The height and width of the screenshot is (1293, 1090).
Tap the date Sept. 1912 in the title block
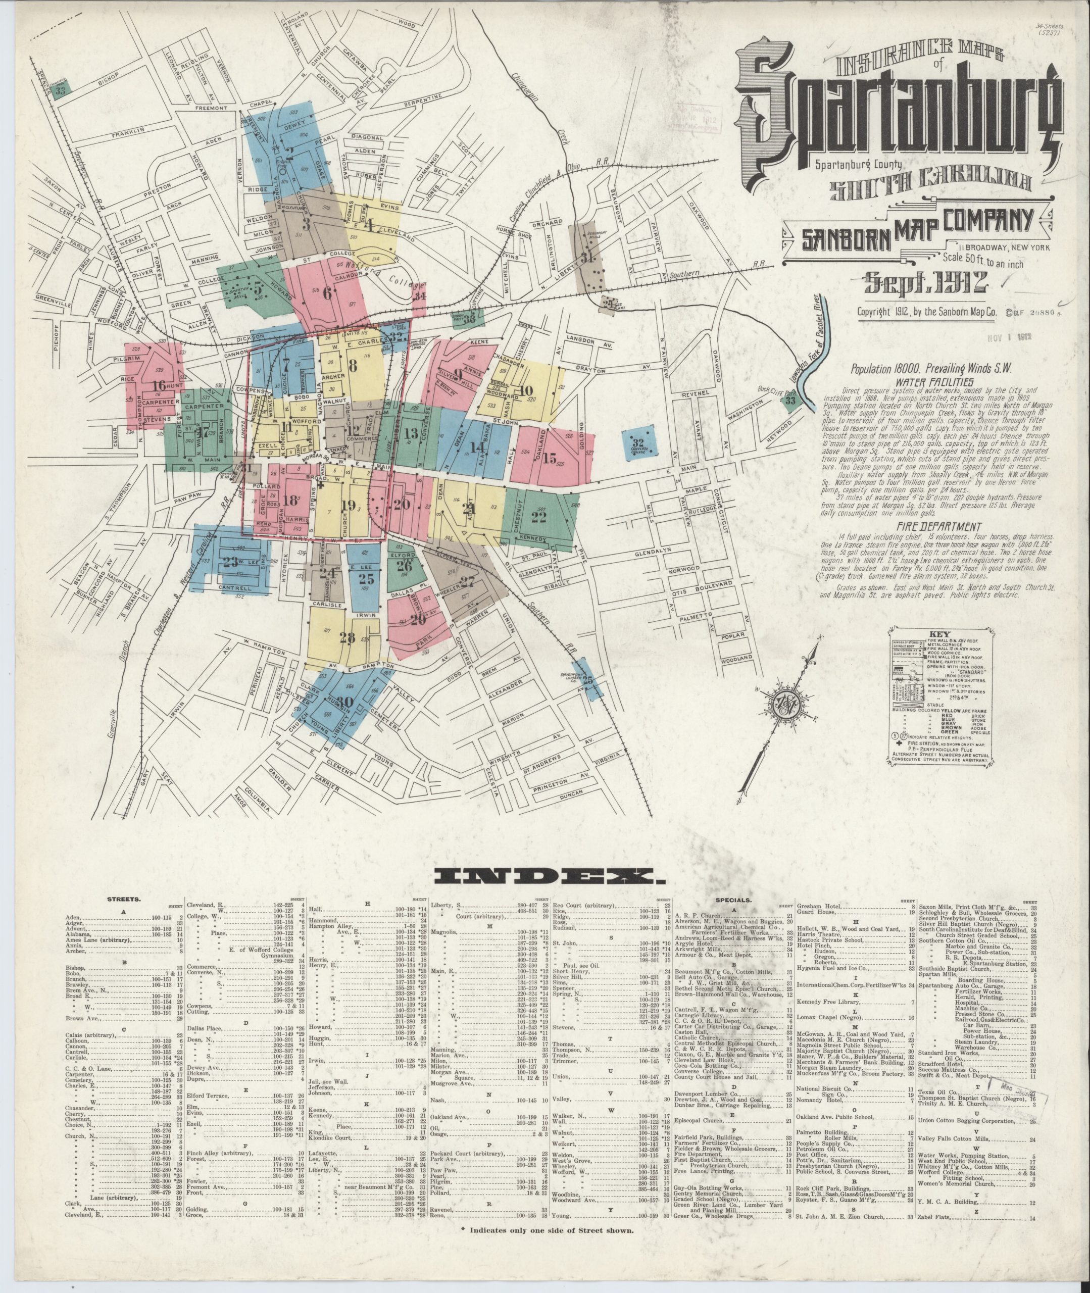925,283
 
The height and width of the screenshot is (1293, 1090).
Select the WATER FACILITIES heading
927,382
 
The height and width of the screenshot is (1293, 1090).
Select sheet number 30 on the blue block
346,702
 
